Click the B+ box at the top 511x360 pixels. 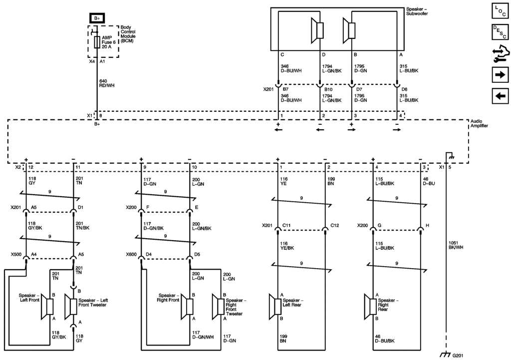point(97,18)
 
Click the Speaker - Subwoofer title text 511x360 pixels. point(417,10)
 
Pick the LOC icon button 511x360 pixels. point(499,11)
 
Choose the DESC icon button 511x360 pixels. point(499,32)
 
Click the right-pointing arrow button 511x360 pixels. point(499,75)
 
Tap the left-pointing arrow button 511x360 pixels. point(499,96)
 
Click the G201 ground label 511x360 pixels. point(457,356)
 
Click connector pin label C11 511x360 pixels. point(286,225)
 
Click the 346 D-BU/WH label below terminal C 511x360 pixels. point(290,68)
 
